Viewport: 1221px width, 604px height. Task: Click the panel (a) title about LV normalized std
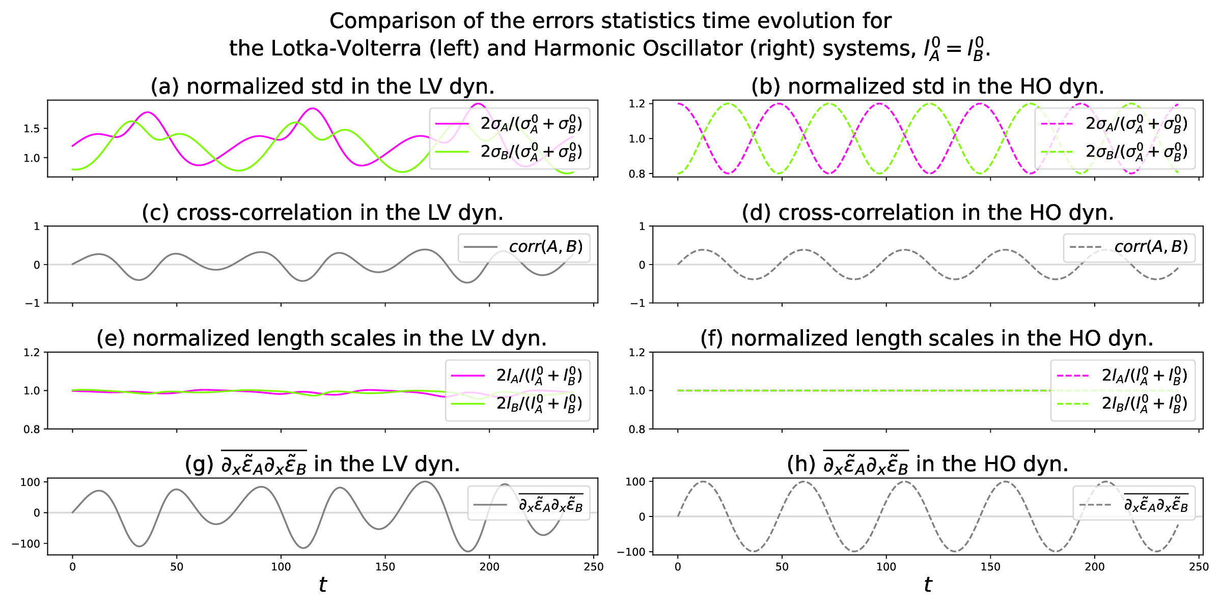click(322, 87)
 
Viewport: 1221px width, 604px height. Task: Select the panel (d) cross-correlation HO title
click(927, 213)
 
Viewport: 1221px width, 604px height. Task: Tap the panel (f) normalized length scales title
click(927, 338)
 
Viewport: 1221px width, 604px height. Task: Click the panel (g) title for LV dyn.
click(322, 464)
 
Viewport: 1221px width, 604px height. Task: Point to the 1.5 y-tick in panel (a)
click(32, 129)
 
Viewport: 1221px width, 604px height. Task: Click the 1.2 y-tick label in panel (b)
click(636, 104)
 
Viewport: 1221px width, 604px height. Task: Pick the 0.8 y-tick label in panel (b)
click(636, 174)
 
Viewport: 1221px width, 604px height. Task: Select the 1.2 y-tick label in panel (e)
click(32, 352)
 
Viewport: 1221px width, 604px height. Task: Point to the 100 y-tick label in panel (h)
click(635, 482)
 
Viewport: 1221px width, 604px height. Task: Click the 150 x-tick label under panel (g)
click(385, 567)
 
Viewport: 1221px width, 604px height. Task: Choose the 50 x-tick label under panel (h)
click(782, 567)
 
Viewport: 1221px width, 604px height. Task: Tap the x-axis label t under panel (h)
click(928, 585)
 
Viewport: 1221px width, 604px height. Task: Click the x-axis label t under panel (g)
click(322, 585)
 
